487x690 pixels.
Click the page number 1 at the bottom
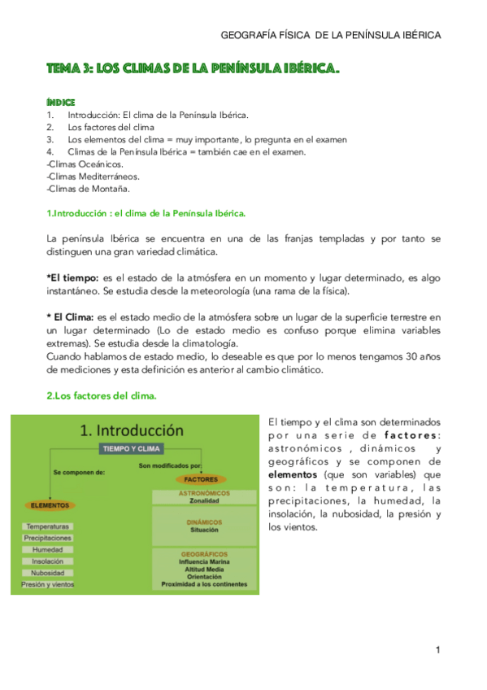[x=437, y=649]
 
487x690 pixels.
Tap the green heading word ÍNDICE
[x=61, y=102]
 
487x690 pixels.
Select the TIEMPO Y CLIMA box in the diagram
[x=131, y=448]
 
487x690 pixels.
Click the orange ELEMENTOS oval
[x=49, y=505]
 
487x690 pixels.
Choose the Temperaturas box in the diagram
[x=48, y=526]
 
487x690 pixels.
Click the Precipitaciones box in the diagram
[x=48, y=538]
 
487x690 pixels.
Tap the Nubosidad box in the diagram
[x=48, y=573]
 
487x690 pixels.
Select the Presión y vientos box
[x=48, y=584]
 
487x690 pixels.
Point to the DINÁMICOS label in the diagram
[x=205, y=522]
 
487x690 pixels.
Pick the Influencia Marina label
[x=205, y=561]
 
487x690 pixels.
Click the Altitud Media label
[x=205, y=569]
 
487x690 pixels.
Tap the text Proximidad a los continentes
[x=205, y=584]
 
